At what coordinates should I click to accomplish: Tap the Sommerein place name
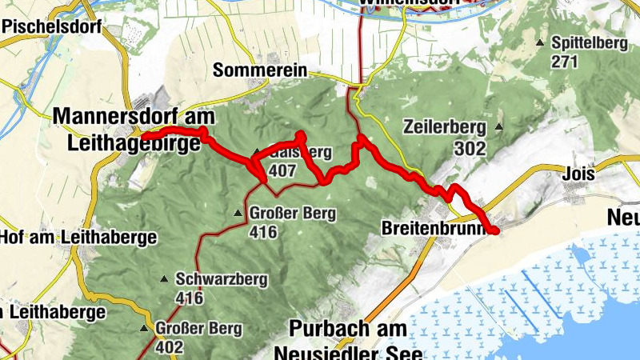(x=260, y=70)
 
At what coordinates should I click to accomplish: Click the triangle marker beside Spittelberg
(x=541, y=42)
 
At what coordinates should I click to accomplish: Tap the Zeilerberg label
(x=445, y=126)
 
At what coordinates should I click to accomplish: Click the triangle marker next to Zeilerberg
(x=500, y=126)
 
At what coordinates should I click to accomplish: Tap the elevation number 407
(x=283, y=170)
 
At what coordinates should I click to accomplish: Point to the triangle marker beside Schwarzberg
(x=164, y=279)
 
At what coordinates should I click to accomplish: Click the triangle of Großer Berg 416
(x=238, y=214)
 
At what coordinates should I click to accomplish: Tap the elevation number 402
(x=170, y=347)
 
